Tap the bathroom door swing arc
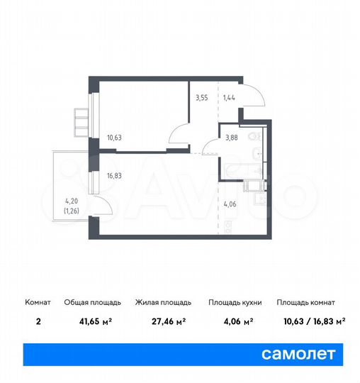[211, 148]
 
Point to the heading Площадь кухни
[235, 302]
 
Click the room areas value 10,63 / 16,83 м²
[310, 321]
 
